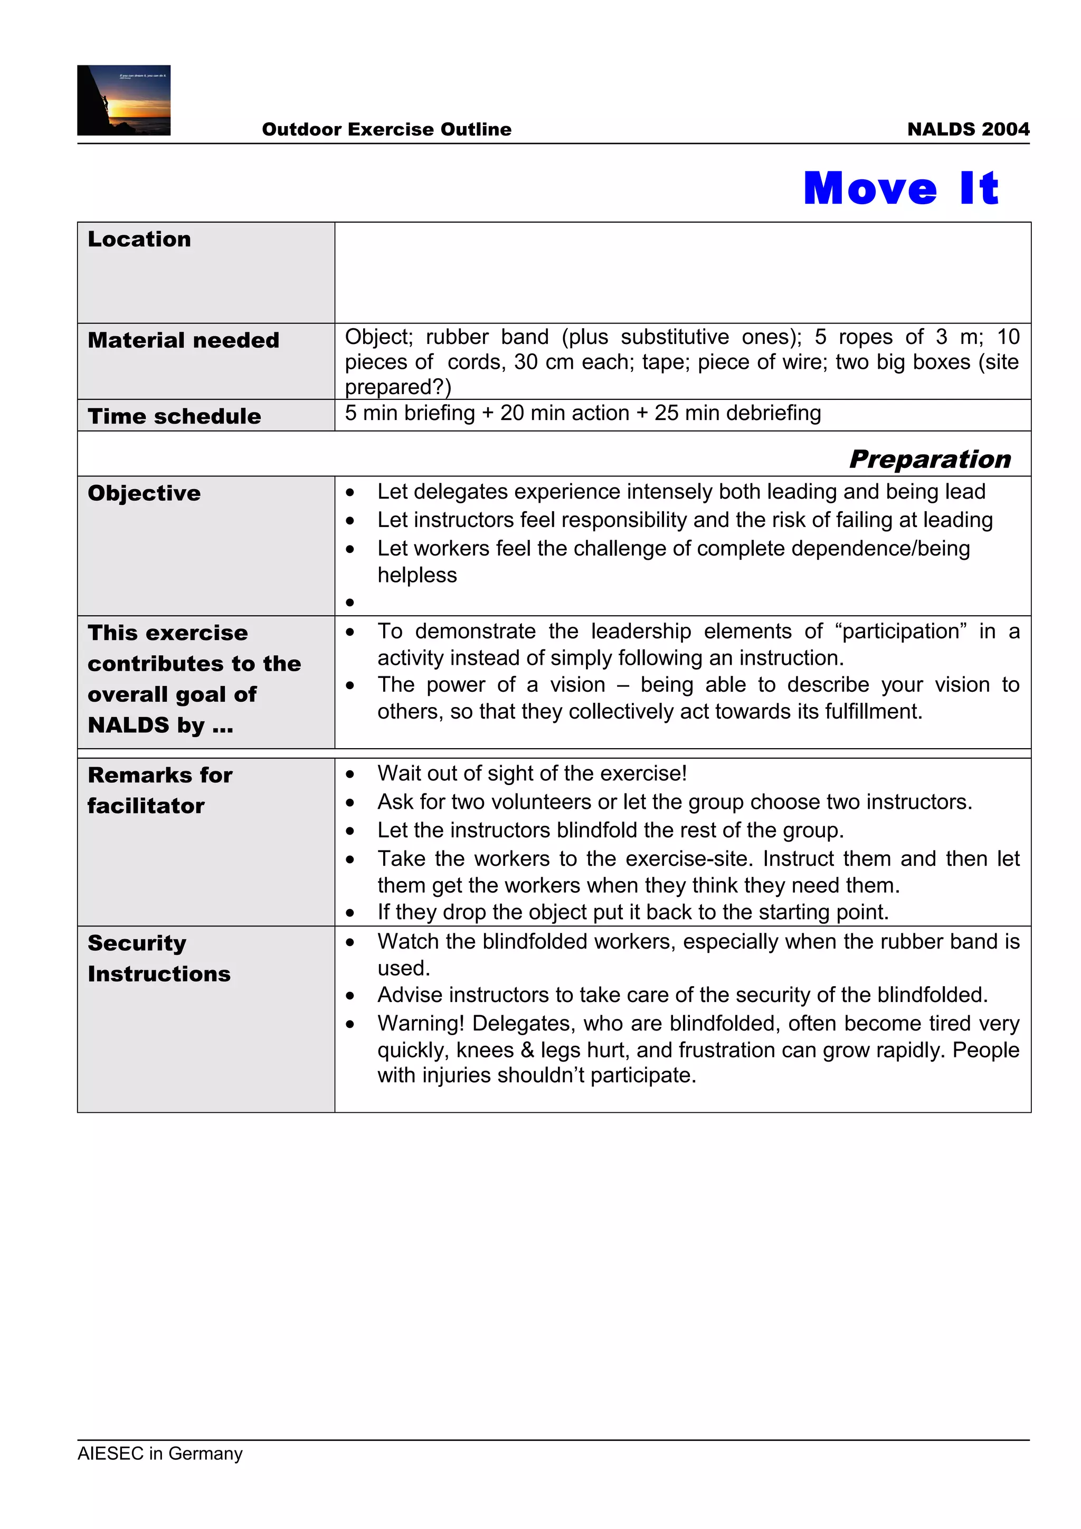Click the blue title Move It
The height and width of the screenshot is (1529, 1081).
tap(900, 188)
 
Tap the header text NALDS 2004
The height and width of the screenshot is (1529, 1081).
tap(968, 129)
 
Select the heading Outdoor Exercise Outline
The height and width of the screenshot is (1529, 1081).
tap(386, 129)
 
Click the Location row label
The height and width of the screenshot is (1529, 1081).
tap(139, 239)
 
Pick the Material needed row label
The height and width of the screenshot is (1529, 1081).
tap(183, 340)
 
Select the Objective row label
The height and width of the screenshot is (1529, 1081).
tap(144, 493)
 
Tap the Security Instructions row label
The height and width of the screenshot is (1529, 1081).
tap(158, 958)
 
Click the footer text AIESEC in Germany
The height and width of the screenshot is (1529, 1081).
tap(160, 1453)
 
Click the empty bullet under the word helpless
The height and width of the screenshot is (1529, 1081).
tap(349, 603)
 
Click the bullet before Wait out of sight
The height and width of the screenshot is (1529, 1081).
tap(349, 774)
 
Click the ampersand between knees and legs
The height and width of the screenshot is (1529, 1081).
tap(527, 1050)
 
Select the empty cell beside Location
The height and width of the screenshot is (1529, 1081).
tap(682, 272)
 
